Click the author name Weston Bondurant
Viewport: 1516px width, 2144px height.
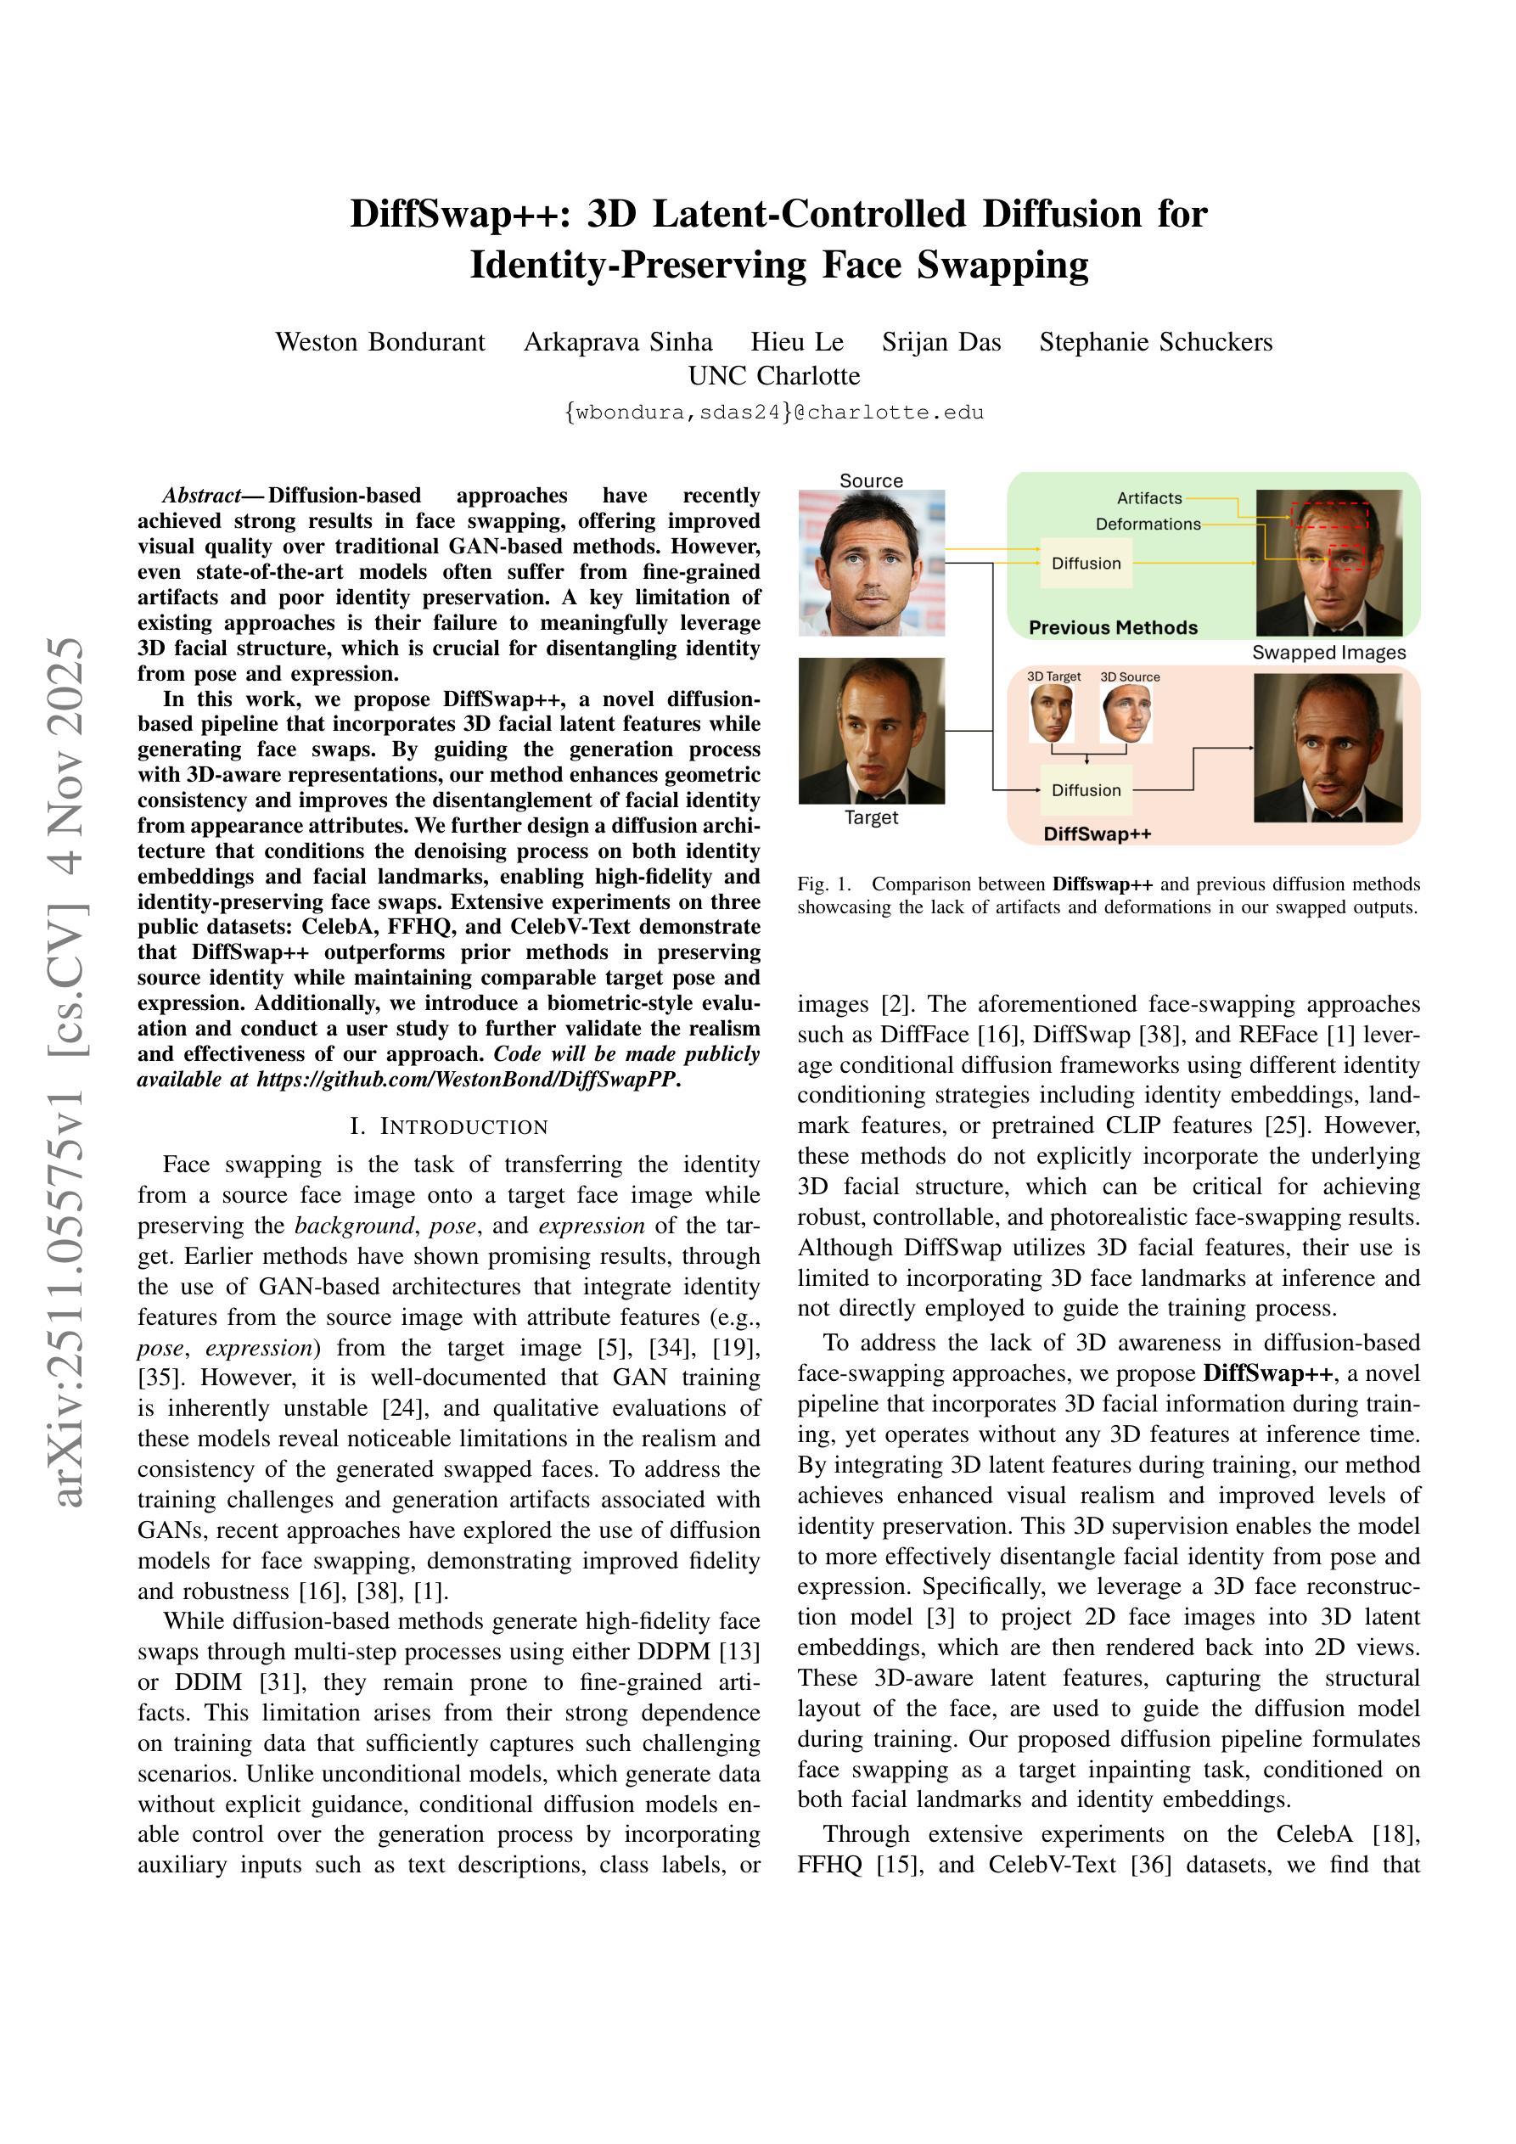[380, 342]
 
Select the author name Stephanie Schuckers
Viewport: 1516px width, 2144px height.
[1155, 342]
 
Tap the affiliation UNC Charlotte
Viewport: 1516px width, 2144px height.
[773, 375]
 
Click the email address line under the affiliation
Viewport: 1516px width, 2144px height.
[773, 412]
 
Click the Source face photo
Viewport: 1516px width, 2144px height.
[872, 562]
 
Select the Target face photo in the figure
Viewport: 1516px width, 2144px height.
[872, 730]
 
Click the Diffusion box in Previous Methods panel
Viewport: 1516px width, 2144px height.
[1086, 563]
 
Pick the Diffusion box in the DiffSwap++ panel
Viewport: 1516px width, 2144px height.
[1086, 790]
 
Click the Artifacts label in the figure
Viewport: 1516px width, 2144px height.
[1149, 498]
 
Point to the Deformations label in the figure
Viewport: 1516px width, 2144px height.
[1148, 524]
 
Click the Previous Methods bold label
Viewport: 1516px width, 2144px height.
[1113, 627]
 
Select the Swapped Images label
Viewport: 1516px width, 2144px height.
[1328, 653]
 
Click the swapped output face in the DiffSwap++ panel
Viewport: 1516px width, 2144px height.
[1328, 747]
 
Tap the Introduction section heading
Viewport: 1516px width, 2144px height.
[448, 1126]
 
